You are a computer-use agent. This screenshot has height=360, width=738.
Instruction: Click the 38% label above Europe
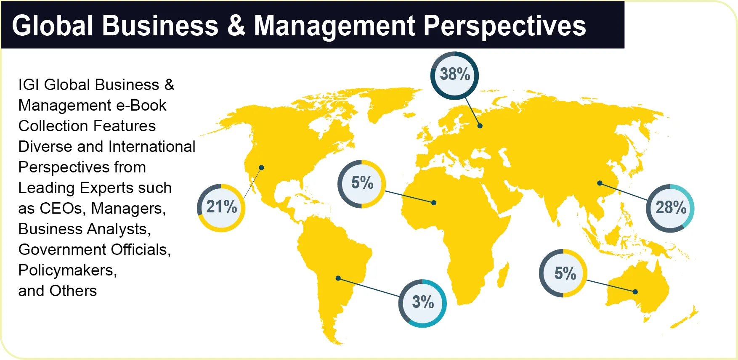click(454, 75)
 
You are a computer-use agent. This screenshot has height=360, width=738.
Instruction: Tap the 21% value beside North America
click(221, 207)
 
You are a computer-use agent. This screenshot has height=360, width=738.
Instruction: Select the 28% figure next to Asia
click(670, 208)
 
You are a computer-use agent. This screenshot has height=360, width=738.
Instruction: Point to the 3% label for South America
click(422, 302)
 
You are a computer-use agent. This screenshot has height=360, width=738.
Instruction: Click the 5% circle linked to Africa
click(362, 183)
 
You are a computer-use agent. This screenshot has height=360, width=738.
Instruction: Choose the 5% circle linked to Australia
click(564, 273)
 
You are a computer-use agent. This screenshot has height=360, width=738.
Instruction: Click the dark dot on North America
click(261, 167)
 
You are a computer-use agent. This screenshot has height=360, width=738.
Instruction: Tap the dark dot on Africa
click(434, 203)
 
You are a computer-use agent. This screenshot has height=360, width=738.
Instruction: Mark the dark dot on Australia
click(635, 291)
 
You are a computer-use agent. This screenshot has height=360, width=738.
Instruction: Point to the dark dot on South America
click(338, 278)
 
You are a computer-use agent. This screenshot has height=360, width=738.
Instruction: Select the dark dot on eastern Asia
click(600, 183)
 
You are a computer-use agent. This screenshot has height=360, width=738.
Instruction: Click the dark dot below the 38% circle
click(480, 126)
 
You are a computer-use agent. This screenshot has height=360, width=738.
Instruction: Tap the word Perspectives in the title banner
click(504, 26)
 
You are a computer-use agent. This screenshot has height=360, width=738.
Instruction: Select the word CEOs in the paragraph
click(61, 208)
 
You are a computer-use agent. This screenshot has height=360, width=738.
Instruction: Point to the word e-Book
click(141, 105)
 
